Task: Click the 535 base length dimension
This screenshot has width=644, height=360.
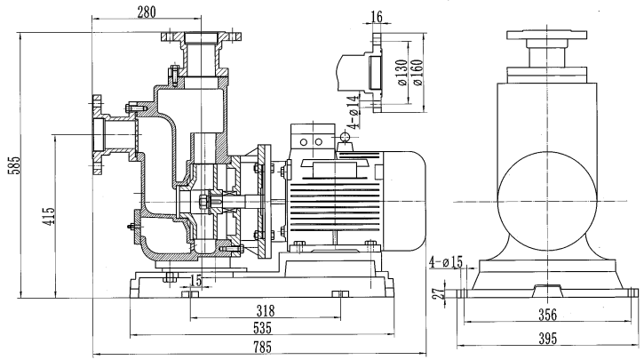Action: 263,328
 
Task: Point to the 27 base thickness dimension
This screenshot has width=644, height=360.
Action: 436,292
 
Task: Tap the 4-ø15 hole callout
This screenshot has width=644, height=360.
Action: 446,262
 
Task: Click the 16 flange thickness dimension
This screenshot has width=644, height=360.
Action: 377,16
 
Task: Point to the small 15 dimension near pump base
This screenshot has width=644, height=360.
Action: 195,280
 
